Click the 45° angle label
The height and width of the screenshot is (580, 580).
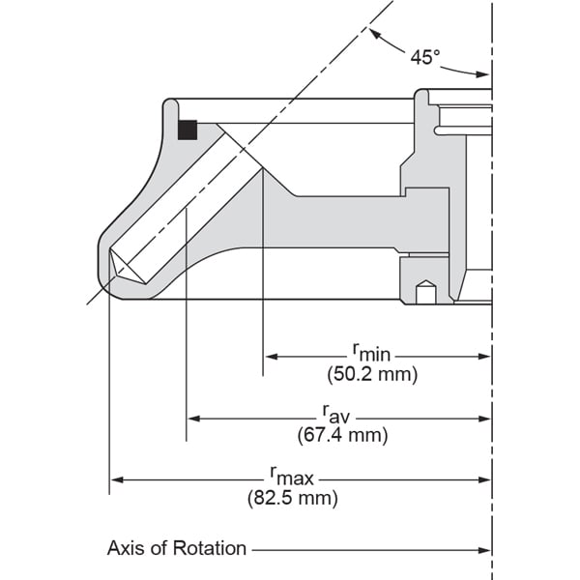(424, 57)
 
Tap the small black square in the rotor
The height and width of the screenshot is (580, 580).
(188, 130)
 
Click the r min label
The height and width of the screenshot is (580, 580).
(370, 353)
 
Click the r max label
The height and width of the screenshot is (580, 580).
(291, 476)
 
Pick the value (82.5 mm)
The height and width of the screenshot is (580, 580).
(292, 499)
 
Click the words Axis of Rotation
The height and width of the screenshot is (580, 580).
(177, 549)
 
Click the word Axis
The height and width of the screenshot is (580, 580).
(126, 549)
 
